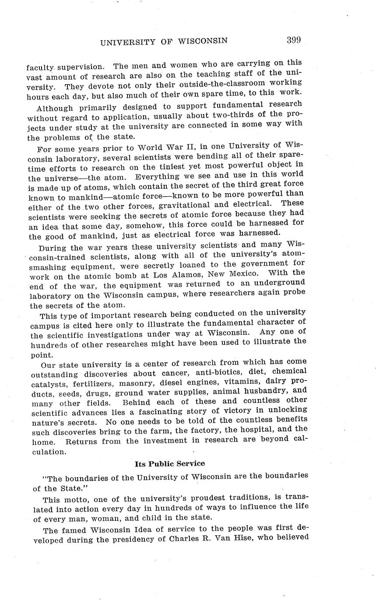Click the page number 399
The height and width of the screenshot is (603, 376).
coord(293,41)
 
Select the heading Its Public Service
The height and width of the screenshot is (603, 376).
coord(169,463)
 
